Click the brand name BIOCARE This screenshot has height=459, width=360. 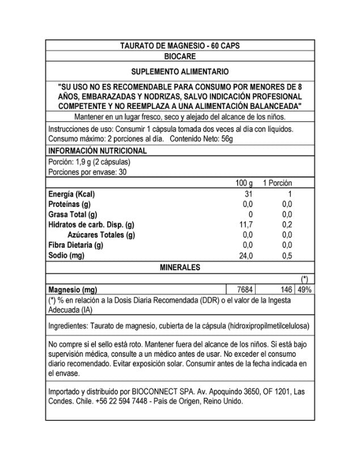point(179,57)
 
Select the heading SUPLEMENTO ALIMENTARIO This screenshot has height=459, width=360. point(180,73)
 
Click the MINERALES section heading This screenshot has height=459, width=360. point(180,266)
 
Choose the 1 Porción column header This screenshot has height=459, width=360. point(277,184)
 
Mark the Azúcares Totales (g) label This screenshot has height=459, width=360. point(101,235)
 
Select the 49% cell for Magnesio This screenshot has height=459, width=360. point(304,289)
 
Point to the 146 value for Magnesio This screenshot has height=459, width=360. point(285,289)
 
